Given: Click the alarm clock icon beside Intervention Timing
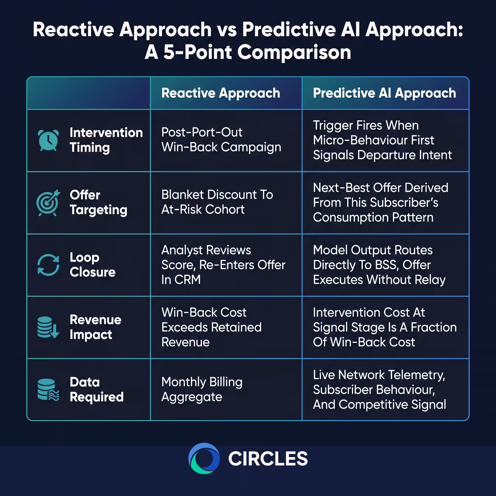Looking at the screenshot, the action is pyautogui.click(x=48, y=140).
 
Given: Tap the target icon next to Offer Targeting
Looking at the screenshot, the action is pyautogui.click(x=48, y=202).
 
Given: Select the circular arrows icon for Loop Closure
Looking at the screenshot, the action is pyautogui.click(x=48, y=265).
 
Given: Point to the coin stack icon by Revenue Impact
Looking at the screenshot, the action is pyautogui.click(x=48, y=327).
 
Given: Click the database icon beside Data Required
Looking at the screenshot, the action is pyautogui.click(x=48, y=389).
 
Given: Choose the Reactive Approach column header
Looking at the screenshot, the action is pyautogui.click(x=221, y=93).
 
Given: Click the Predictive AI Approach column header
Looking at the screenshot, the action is pyautogui.click(x=385, y=93).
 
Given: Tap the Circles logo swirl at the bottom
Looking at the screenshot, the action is pyautogui.click(x=204, y=458).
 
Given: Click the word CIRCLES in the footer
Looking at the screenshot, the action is pyautogui.click(x=268, y=459).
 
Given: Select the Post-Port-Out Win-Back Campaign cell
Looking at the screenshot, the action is pyautogui.click(x=221, y=140).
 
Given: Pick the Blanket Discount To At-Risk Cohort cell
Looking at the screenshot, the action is pyautogui.click(x=217, y=202).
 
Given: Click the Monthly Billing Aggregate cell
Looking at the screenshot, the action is pyautogui.click(x=202, y=389).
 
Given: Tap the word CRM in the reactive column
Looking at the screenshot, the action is pyautogui.click(x=188, y=279).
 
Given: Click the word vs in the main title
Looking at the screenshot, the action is pyautogui.click(x=227, y=30).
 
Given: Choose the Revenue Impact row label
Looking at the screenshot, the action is pyautogui.click(x=95, y=327).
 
